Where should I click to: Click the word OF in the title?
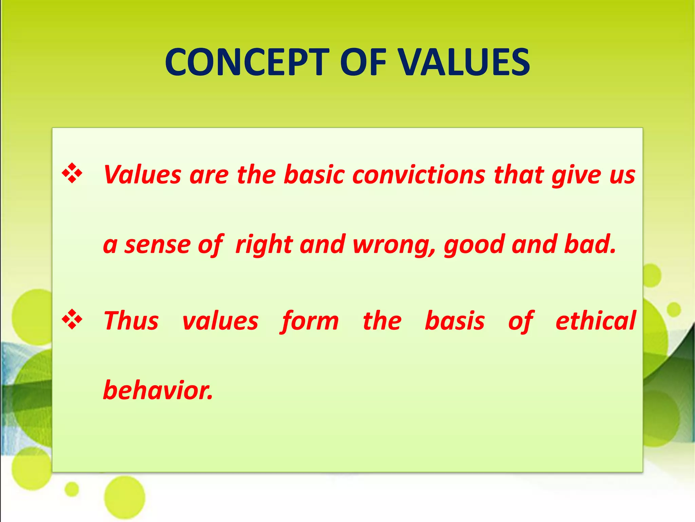[363, 62]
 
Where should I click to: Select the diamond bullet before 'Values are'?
[72, 173]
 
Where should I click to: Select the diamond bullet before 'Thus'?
[72, 319]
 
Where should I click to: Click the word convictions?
[419, 175]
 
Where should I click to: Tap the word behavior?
[158, 390]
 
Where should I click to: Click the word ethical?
[595, 321]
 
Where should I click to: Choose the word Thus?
[131, 321]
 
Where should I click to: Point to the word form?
[309, 321]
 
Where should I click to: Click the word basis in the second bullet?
[455, 321]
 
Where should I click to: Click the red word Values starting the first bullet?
[143, 175]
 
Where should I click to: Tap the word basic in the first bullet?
[314, 175]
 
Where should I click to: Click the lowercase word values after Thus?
[220, 321]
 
